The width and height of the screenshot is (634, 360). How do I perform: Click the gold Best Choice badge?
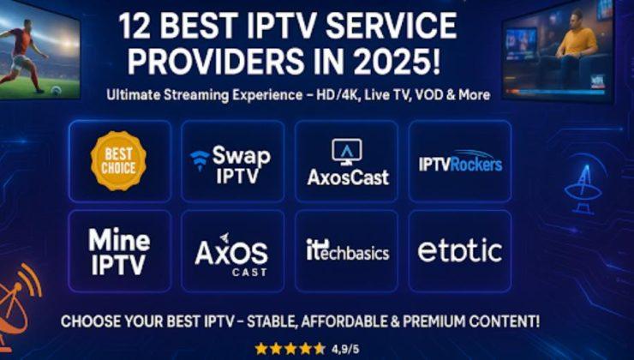click(118, 160)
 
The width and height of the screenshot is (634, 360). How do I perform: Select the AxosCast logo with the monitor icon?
click(348, 163)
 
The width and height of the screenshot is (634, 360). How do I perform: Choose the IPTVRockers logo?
click(460, 163)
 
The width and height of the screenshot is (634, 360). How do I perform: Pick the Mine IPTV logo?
click(119, 251)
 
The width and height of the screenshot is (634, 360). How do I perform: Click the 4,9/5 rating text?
click(345, 348)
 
